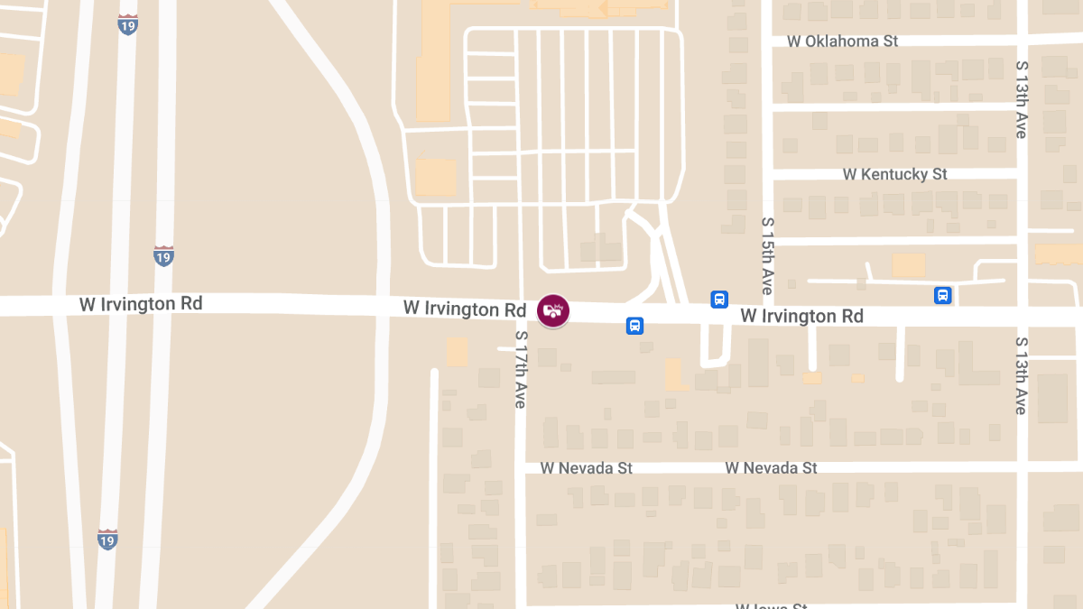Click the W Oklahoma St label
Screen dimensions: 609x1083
[x=842, y=42]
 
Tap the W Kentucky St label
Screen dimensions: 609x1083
[x=894, y=174]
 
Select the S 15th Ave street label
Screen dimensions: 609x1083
[x=768, y=255]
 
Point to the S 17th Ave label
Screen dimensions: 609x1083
[x=520, y=369]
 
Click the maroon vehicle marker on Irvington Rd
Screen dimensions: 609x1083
[x=553, y=310]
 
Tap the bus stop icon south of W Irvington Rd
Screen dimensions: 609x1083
[x=634, y=326]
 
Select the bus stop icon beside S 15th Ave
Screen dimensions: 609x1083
[x=719, y=300]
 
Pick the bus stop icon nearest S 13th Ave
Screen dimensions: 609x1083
[x=942, y=295]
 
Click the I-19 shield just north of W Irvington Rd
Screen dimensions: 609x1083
[x=163, y=256]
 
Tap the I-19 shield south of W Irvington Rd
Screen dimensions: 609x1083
[x=107, y=540]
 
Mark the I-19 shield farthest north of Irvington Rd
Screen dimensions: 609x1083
[x=128, y=24]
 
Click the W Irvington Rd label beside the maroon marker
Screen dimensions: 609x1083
[x=464, y=309]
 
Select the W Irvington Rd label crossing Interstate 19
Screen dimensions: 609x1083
[x=141, y=304]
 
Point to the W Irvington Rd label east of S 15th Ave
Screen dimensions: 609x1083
[x=801, y=316]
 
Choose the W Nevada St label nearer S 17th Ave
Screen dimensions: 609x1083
[x=586, y=468]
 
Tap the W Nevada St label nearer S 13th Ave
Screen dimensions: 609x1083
[x=771, y=468]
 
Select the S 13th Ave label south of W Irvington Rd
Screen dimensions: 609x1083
[x=1022, y=375]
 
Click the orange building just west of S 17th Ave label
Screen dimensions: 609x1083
[x=457, y=351]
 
